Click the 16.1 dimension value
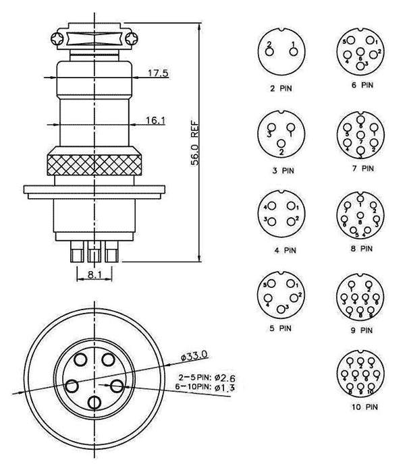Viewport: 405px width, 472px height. coord(155,120)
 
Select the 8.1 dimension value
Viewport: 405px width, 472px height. coord(94,274)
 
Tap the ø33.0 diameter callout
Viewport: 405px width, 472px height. coord(194,354)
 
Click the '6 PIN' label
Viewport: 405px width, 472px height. coord(362,86)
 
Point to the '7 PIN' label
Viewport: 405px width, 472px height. coord(362,169)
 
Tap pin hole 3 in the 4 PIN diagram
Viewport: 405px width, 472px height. coord(273,221)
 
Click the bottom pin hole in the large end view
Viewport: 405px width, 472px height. coord(94,403)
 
